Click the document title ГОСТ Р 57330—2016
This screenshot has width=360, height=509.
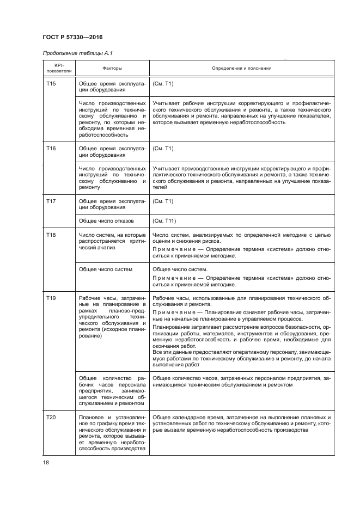click(72, 36)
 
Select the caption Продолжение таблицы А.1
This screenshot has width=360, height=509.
click(77, 52)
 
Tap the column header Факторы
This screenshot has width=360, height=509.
click(112, 68)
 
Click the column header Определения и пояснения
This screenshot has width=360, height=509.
click(241, 68)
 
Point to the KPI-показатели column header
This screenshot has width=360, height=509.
click(58, 68)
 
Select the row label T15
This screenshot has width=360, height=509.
click(51, 84)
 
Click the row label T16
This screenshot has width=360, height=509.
click(51, 148)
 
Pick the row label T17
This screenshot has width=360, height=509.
click(51, 201)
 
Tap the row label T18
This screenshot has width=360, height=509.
click(51, 235)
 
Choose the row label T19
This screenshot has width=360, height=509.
click(51, 298)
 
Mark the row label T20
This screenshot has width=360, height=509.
click(51, 417)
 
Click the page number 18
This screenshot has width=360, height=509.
click(46, 463)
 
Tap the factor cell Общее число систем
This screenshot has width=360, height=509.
click(106, 269)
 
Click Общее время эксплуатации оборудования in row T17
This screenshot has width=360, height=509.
click(112, 205)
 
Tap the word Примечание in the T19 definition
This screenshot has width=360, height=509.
click(171, 313)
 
